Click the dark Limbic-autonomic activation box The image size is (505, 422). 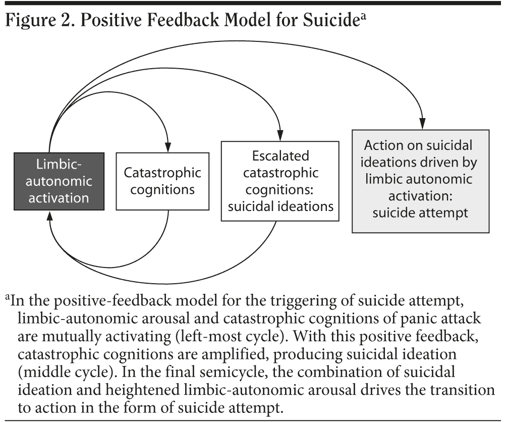click(59, 181)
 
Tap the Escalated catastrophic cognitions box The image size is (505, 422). click(280, 181)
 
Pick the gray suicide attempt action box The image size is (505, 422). click(420, 181)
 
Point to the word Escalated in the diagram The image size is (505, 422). click(280, 156)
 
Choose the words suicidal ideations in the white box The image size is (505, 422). click(280, 206)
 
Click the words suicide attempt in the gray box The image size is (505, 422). click(420, 212)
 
